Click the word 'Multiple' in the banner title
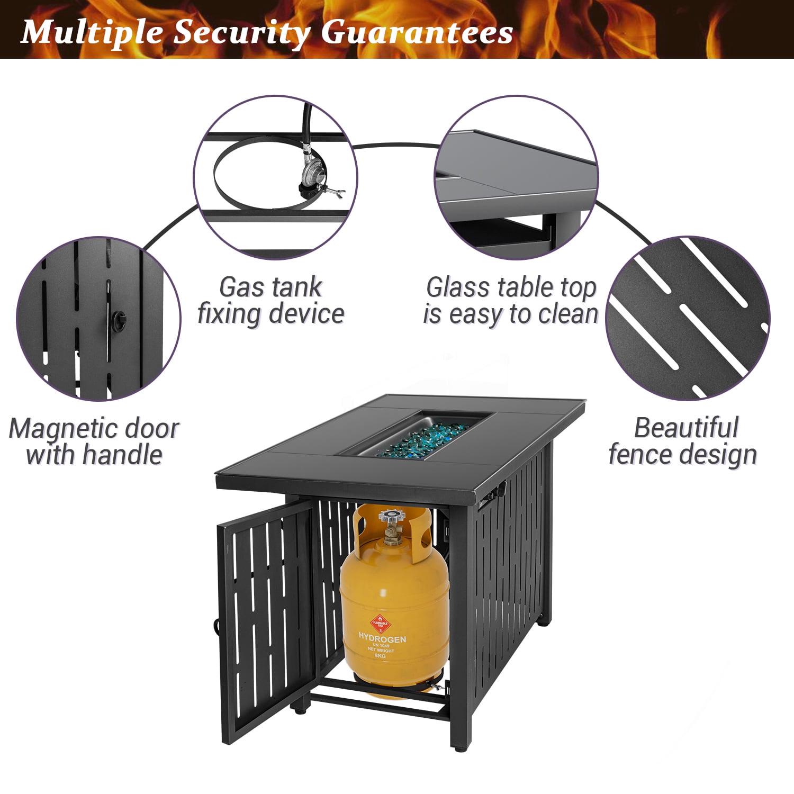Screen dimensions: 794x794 90,33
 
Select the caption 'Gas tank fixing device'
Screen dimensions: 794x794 270,301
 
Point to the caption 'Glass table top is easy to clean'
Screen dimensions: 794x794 510,301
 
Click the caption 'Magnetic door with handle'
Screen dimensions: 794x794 94,441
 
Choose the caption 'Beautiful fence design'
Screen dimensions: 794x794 683,441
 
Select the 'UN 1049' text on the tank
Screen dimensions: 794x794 382,646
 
